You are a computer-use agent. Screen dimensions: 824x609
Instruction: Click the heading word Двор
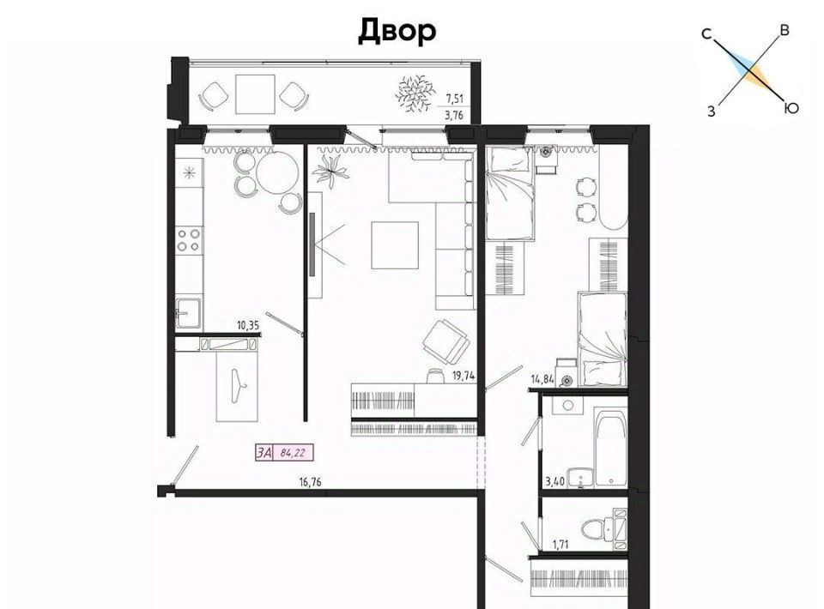[397, 31]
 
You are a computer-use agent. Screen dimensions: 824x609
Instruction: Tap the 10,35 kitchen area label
[248, 325]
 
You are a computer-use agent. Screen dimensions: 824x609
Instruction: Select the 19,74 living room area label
[463, 376]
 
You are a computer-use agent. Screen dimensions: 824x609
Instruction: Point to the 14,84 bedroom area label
[542, 379]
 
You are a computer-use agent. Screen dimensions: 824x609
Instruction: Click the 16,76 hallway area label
[310, 482]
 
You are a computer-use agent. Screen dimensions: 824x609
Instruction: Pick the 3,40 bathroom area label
[555, 481]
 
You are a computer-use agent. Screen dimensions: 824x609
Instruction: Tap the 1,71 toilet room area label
[561, 545]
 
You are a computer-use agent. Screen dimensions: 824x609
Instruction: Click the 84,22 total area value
[293, 453]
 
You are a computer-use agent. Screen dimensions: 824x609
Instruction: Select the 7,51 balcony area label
[455, 98]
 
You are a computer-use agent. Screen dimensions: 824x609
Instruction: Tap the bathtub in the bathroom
[610, 448]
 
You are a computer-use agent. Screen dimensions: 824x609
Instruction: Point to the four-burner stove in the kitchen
[189, 239]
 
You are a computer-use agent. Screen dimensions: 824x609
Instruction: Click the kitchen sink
[188, 313]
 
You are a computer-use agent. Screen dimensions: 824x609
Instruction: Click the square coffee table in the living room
[395, 245]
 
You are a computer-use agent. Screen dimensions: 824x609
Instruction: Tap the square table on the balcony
[256, 94]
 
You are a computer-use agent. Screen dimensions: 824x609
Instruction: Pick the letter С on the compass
[706, 34]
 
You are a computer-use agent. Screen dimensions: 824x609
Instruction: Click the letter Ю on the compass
[791, 108]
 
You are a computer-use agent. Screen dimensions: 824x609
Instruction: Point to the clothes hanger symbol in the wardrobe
[239, 385]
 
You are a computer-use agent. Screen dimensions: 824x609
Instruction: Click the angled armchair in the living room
[446, 341]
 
